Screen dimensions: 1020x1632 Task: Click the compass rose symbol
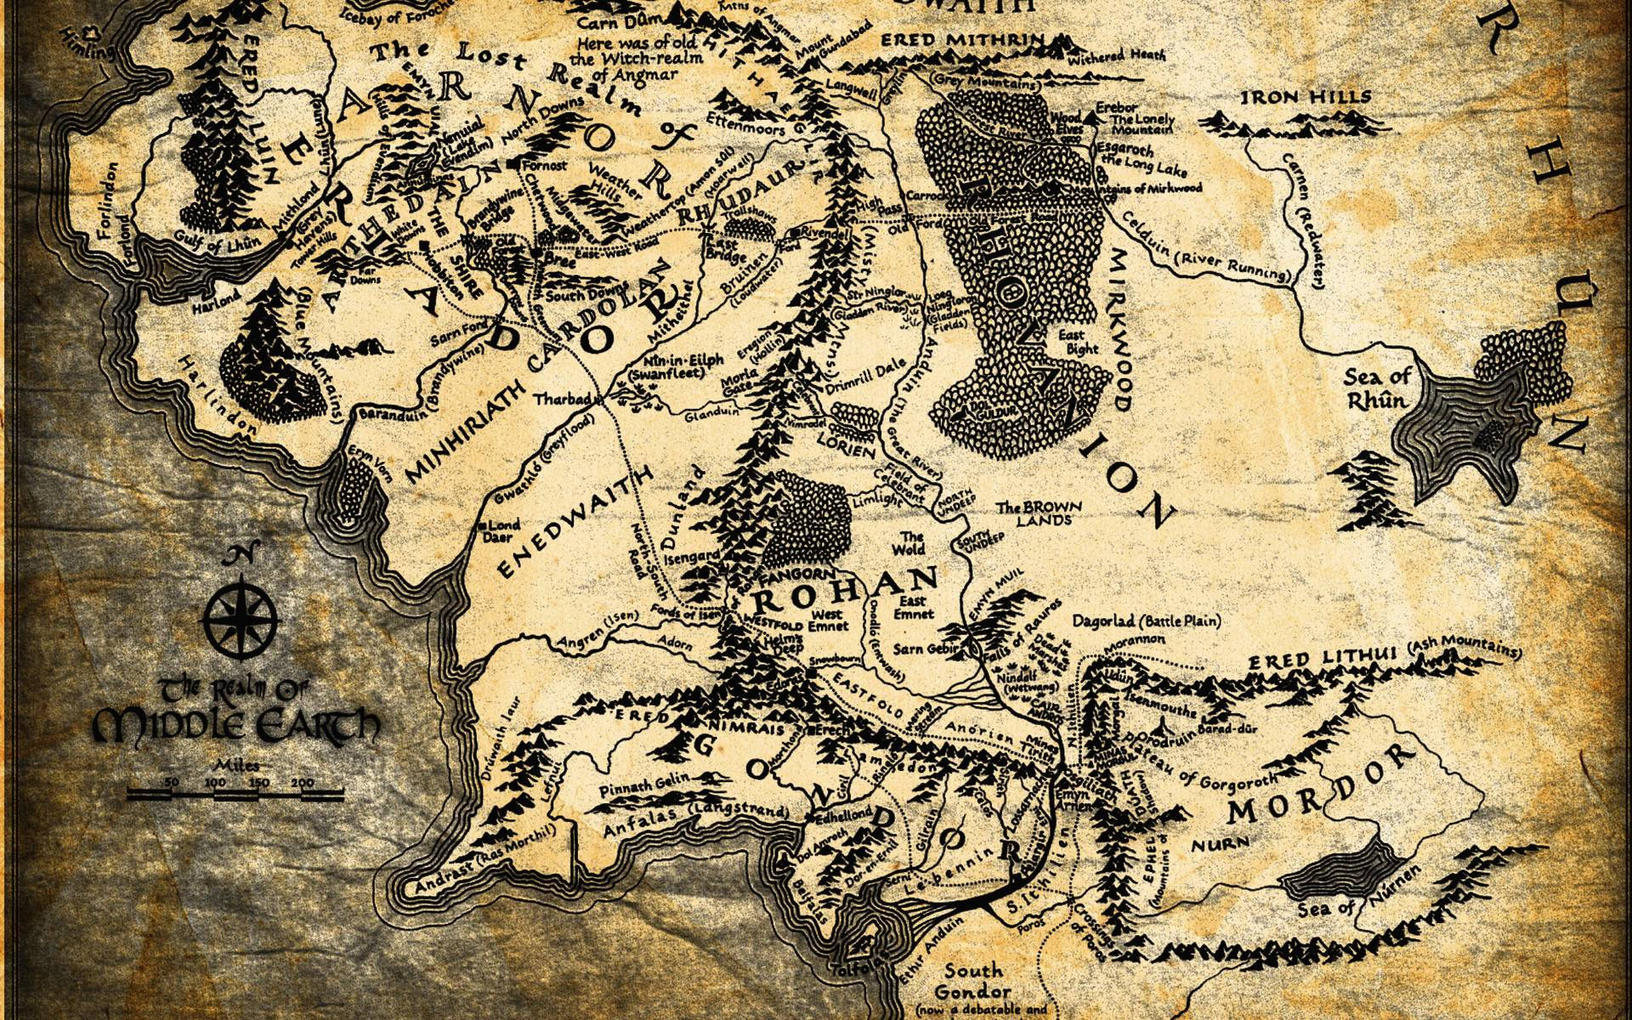tap(243, 618)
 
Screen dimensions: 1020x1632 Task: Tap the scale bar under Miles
tap(235, 795)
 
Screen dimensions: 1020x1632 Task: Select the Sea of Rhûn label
tap(1376, 388)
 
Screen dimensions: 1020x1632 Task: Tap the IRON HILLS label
tap(1306, 97)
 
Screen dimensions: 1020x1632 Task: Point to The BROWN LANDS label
tap(1040, 513)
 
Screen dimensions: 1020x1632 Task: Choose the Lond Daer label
tap(502, 531)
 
